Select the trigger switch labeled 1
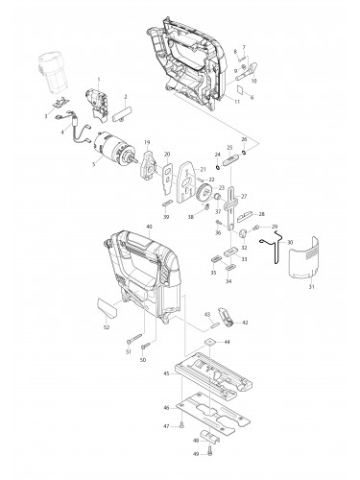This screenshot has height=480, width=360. [97, 98]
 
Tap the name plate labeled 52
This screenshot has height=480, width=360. [105, 307]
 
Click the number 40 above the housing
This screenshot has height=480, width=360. [149, 226]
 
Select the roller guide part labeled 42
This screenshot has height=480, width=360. [228, 314]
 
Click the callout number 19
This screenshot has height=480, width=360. [148, 143]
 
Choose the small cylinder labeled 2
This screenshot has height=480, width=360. [122, 114]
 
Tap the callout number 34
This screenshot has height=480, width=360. [228, 282]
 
